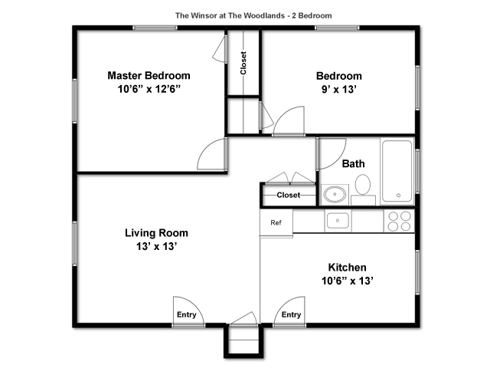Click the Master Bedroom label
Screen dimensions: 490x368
pos(149,76)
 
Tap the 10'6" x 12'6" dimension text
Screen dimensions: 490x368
pos(149,90)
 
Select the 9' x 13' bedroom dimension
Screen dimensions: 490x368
pos(339,90)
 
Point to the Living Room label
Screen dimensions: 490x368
pos(156,233)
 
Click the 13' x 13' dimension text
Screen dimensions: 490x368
pos(156,247)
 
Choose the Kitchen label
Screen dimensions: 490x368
pos(347,268)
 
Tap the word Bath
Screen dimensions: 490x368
pos(353,163)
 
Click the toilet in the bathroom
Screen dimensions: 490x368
pos(363,189)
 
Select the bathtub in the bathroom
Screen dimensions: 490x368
pos(397,171)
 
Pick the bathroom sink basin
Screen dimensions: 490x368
pos(335,194)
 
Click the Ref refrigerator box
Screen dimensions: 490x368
pos(276,223)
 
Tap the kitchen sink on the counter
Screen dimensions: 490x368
pos(338,221)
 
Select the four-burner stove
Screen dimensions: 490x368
pos(399,221)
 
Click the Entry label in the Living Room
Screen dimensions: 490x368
pos(187,315)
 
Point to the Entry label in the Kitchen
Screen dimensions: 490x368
pos(291,315)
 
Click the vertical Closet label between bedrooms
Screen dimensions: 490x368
pos(243,63)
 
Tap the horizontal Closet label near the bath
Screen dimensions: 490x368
pos(289,195)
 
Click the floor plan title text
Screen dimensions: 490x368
pos(253,15)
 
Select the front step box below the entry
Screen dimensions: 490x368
pos(243,341)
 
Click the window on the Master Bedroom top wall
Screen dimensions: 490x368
pos(155,28)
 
